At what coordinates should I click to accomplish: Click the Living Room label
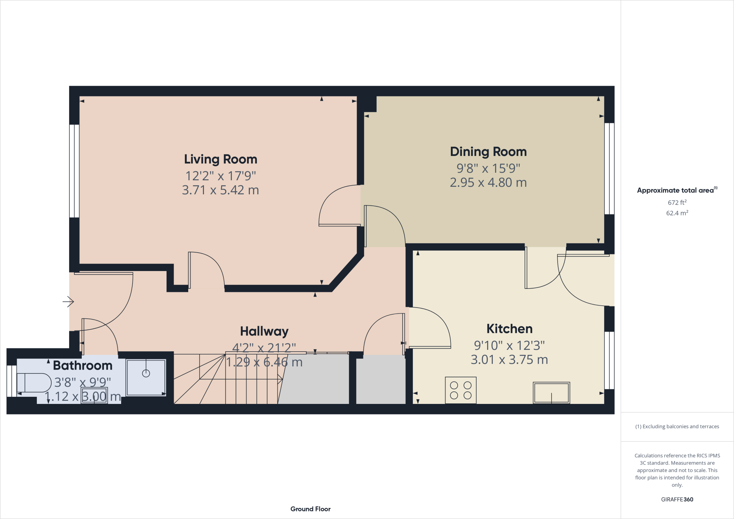tap(220, 159)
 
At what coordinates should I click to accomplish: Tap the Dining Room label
tap(488, 152)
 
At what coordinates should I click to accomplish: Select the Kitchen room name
tap(509, 329)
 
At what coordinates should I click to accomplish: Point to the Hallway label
tap(264, 331)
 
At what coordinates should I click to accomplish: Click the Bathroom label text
tap(82, 365)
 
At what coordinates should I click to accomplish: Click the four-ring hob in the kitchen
tap(461, 390)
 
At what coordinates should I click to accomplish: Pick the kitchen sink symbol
tap(551, 393)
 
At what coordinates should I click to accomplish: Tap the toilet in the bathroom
tap(34, 383)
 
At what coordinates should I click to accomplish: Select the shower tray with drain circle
tap(146, 377)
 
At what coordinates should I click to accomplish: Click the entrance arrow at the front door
tap(68, 302)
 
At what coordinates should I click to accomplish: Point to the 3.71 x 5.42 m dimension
tap(220, 190)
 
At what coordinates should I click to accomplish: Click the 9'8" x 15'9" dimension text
tap(488, 168)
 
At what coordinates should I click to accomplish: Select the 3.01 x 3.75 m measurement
tap(509, 360)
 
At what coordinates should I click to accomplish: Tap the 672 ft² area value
tap(677, 203)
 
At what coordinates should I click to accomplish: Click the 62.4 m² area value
tap(677, 213)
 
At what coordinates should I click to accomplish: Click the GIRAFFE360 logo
tap(677, 499)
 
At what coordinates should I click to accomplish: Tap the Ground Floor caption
tap(310, 509)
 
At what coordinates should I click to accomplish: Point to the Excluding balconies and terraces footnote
tap(677, 427)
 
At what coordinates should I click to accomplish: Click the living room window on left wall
tap(74, 171)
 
